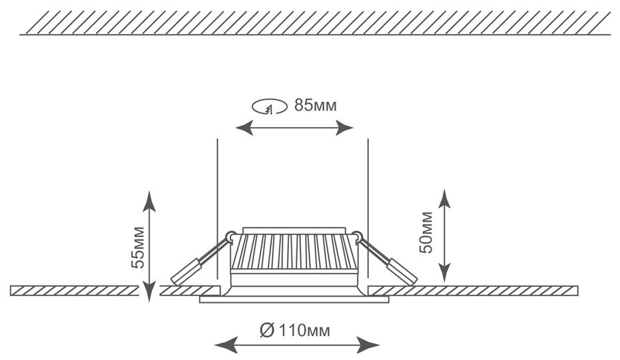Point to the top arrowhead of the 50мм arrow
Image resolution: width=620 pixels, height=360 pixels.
coord(444,195)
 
